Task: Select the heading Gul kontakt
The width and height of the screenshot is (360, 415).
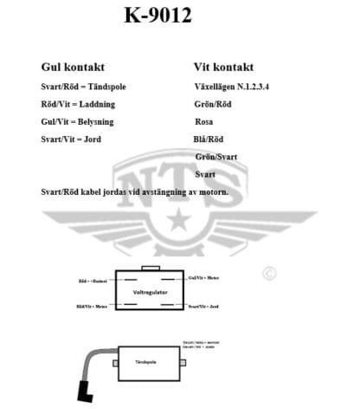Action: (73, 66)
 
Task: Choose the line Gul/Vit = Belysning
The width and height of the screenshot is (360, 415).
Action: (77, 122)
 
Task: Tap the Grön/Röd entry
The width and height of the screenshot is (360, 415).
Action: (213, 105)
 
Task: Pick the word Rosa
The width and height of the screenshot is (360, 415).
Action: (204, 122)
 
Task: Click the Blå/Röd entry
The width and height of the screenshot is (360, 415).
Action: (209, 139)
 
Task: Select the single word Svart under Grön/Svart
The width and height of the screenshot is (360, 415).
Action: (206, 174)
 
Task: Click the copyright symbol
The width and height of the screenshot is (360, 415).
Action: (269, 273)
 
